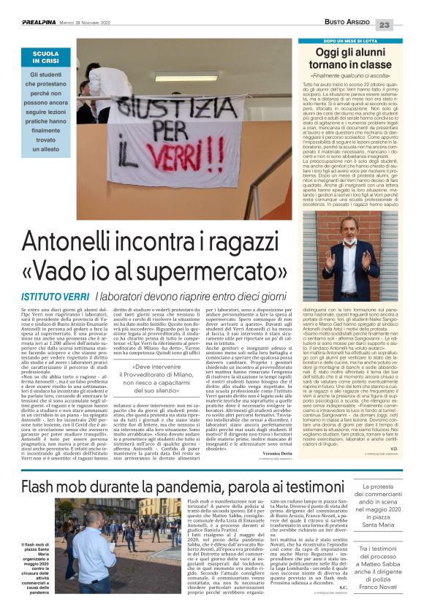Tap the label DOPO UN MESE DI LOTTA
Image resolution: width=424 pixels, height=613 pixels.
(349, 42)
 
